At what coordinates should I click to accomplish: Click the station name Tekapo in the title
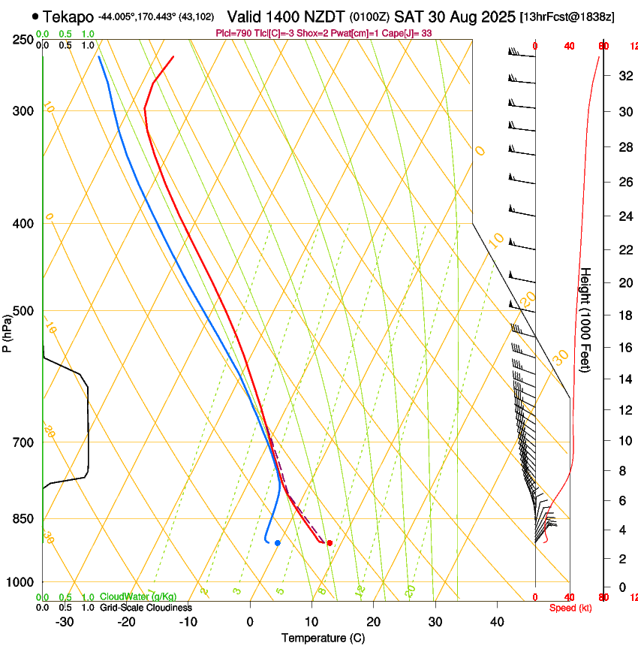coord(68,16)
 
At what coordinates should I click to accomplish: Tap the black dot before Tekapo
coord(35,16)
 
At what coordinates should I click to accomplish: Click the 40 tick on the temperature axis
coord(497,622)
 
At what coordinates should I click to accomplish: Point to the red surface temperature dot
coord(330,542)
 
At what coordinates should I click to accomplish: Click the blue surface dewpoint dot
coord(278,542)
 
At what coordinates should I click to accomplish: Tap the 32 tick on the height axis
coord(624,76)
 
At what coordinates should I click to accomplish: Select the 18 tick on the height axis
coord(624,315)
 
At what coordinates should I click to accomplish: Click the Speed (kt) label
coord(569,608)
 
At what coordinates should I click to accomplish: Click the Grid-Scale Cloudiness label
coord(146,607)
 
